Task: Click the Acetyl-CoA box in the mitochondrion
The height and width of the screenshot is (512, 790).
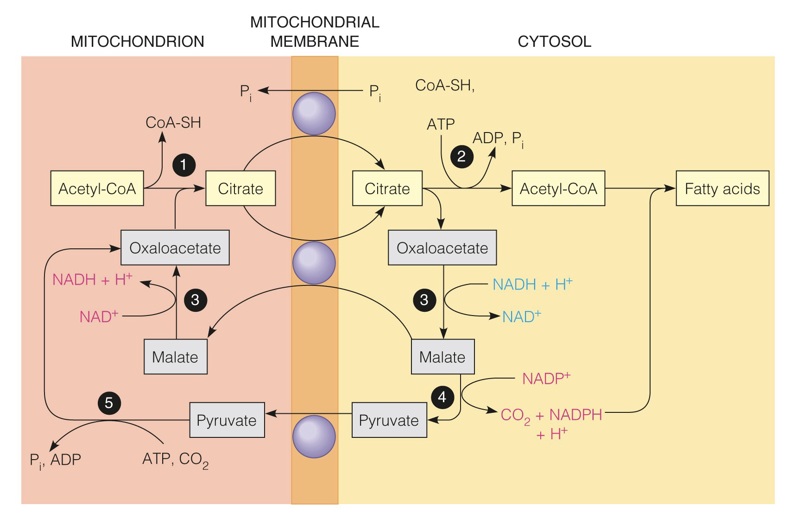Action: [x=97, y=189]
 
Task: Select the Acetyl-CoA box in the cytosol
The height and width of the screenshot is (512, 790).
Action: [x=558, y=189]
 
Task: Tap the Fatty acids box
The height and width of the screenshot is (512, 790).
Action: [x=722, y=189]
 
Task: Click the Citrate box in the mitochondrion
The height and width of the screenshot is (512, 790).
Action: [x=240, y=189]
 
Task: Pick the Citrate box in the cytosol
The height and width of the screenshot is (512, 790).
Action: [x=387, y=189]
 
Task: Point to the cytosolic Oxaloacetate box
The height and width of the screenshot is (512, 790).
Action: [x=442, y=248]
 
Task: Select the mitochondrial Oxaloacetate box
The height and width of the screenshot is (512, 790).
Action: [x=175, y=248]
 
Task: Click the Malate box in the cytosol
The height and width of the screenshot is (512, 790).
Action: [x=442, y=357]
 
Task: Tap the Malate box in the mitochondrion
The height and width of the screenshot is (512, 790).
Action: [x=175, y=357]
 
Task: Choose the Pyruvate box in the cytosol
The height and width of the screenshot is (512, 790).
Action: [x=389, y=420]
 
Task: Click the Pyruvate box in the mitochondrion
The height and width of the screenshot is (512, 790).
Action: [x=227, y=420]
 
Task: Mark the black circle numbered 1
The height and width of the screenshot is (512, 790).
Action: [x=183, y=164]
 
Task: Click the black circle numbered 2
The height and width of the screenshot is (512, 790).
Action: [x=461, y=156]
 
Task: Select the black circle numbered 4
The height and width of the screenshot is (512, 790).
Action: [x=442, y=397]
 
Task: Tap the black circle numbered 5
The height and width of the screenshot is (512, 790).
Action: [x=109, y=403]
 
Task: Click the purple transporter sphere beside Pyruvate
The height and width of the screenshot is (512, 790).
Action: [x=314, y=436]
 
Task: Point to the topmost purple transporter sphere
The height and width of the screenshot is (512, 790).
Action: [x=314, y=114]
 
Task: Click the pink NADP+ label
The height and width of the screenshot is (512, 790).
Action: [x=546, y=379]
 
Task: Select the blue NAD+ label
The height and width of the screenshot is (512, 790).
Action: [x=521, y=316]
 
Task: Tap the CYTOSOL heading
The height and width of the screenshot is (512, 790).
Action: [x=554, y=42]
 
